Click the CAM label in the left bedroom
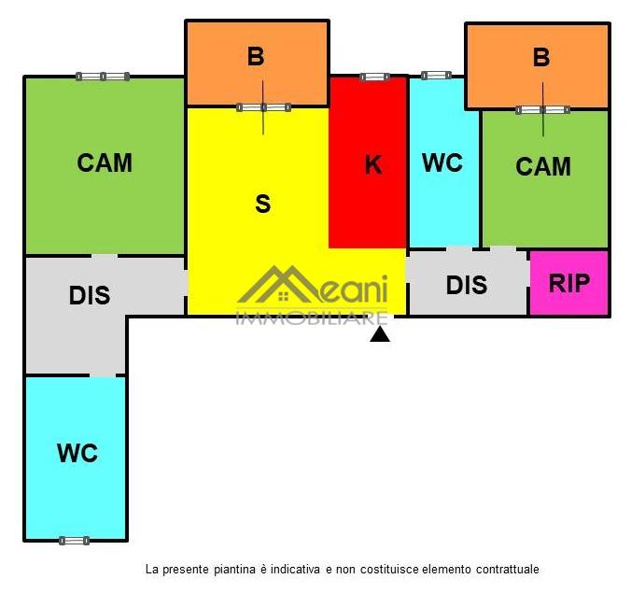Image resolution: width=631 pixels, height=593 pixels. (x=105, y=162)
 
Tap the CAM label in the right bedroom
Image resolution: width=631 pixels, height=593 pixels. (x=543, y=166)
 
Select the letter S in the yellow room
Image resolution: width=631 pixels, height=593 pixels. (x=263, y=204)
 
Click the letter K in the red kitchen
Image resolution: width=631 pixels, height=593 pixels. (x=372, y=165)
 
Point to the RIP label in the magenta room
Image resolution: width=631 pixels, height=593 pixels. (x=569, y=283)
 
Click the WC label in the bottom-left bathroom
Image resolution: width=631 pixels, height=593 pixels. (x=77, y=454)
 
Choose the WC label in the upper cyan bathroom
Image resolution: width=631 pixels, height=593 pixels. (x=442, y=162)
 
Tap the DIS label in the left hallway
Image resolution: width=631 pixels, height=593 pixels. (x=90, y=296)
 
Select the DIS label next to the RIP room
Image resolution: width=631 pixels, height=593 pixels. (x=467, y=285)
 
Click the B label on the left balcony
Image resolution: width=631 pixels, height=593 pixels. (x=256, y=57)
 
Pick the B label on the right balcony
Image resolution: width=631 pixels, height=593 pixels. (x=541, y=57)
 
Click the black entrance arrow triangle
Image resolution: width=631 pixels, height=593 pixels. (x=380, y=333)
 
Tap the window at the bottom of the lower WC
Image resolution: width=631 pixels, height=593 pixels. (x=74, y=540)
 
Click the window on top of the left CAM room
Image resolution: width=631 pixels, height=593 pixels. (x=103, y=77)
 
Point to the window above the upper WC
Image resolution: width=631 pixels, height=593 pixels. (x=436, y=75)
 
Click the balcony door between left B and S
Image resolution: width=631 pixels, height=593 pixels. (x=263, y=107)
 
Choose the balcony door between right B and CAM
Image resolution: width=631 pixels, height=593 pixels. (x=542, y=110)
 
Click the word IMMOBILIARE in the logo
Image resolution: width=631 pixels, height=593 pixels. (x=312, y=318)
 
